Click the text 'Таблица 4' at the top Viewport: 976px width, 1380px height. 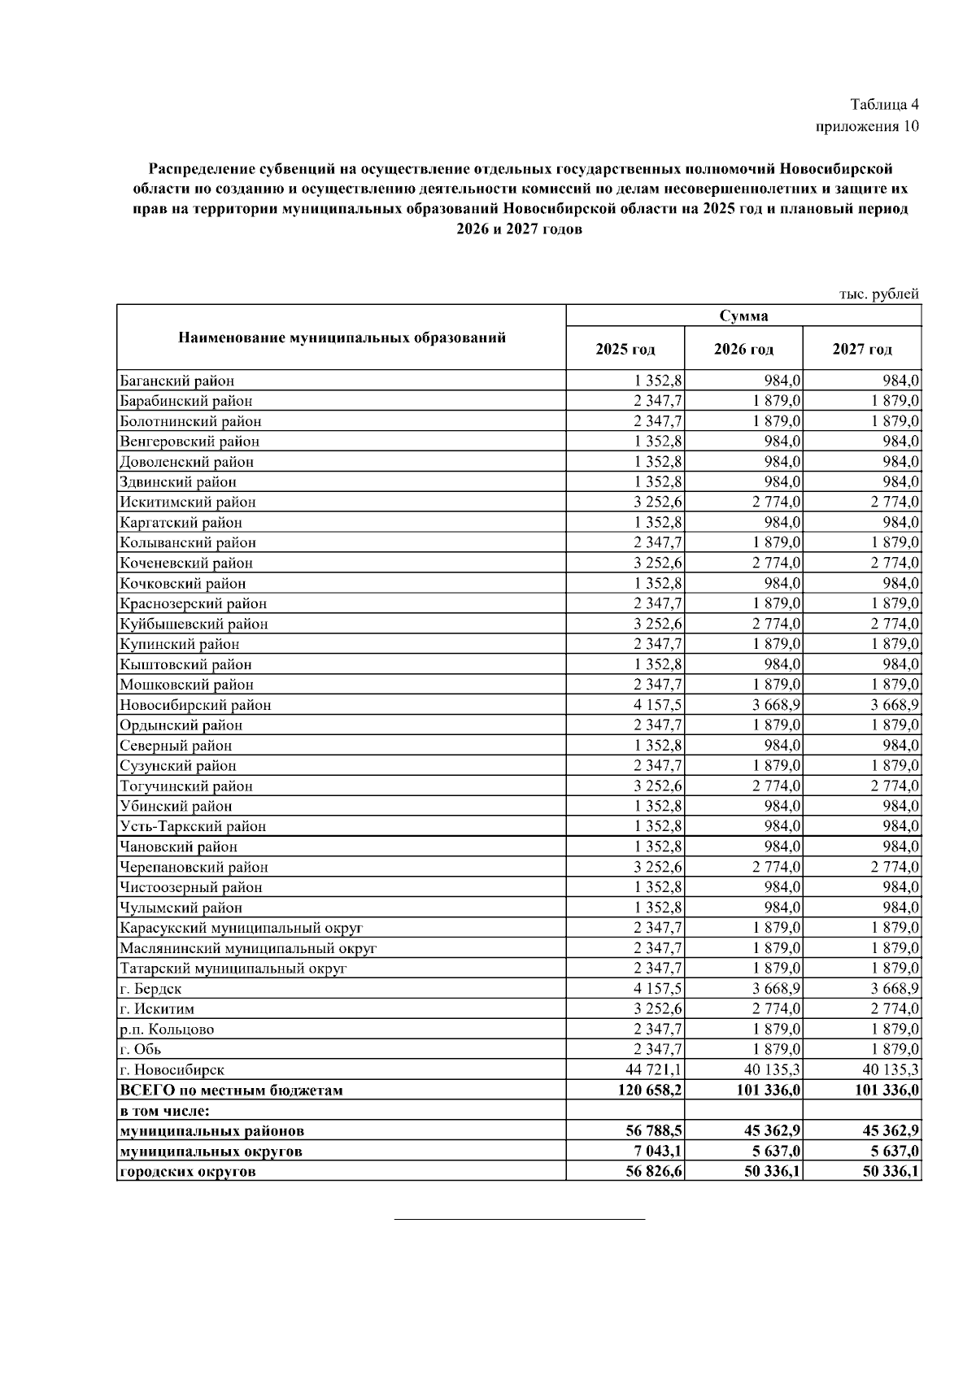coord(884,105)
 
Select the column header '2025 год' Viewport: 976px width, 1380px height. coord(625,350)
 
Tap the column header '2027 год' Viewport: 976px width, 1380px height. coord(861,350)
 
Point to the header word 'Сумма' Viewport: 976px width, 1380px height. coord(743,316)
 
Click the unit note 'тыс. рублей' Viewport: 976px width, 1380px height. coord(878,294)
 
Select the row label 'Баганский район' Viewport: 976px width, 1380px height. coord(177,381)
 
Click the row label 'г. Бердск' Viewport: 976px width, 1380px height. coord(150,989)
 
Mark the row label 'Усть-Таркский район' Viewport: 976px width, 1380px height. coord(193,826)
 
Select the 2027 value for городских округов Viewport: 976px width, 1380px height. coord(887,1172)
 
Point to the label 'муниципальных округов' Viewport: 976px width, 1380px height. coord(211,1151)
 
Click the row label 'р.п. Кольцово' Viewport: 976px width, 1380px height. coord(167,1030)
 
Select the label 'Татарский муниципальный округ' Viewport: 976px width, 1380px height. coord(233,969)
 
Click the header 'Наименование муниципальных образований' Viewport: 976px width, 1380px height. coord(342,337)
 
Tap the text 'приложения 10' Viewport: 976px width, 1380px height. coord(867,127)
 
